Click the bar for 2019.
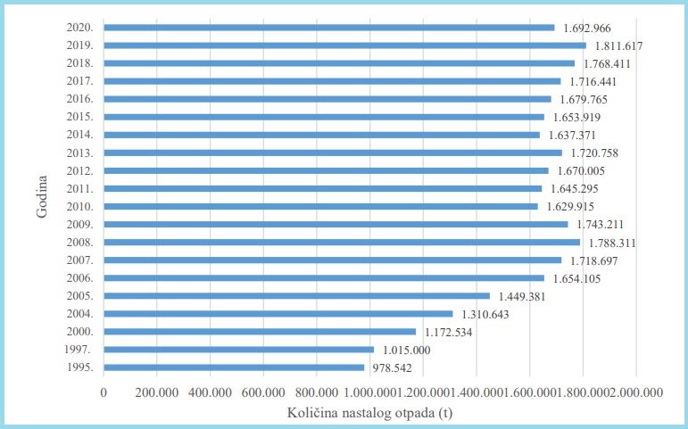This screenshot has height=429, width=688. pos(344,45)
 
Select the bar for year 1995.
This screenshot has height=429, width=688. pos(234,367)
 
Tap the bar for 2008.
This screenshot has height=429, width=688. pos(342,242)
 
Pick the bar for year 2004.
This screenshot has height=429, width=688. pos(278,313)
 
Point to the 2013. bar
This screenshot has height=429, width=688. pos(333,153)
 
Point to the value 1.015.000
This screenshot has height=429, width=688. pos(406,350)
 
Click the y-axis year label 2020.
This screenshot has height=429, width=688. pos(81,28)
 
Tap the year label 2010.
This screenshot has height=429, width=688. pos(81,206)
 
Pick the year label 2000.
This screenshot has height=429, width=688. pos(81,332)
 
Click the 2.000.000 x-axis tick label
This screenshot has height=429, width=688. pos(636,392)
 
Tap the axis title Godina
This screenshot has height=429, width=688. pos(42,197)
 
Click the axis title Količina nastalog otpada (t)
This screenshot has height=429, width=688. pos(370,413)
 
